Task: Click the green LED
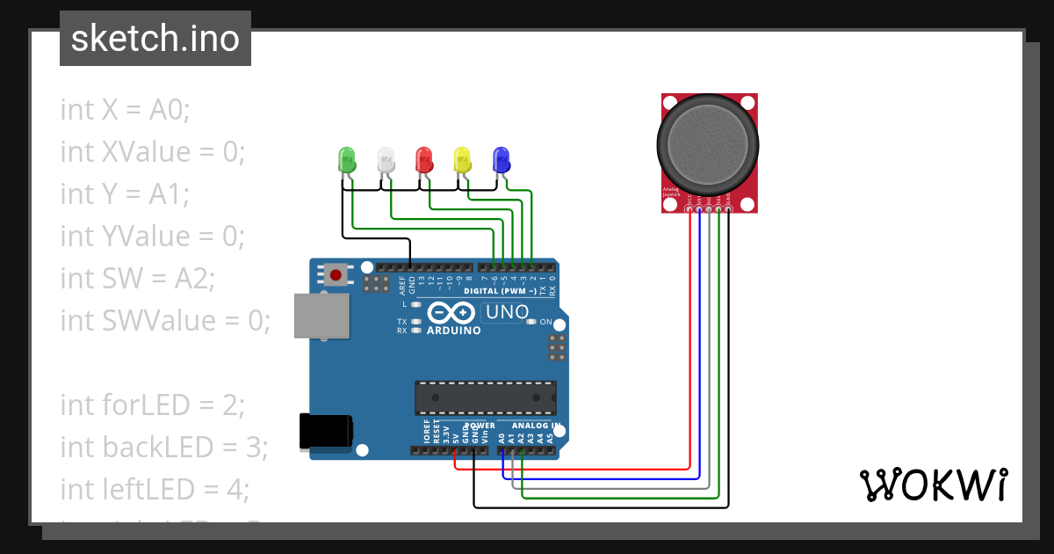click(x=347, y=160)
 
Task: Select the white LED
click(x=386, y=160)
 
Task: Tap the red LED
click(x=424, y=160)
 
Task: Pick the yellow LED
click(x=463, y=160)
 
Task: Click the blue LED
click(x=502, y=160)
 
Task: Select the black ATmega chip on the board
click(x=486, y=397)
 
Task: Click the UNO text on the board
click(x=507, y=312)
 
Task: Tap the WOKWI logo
click(x=933, y=485)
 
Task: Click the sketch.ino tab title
click(x=155, y=39)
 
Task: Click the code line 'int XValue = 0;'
click(x=153, y=152)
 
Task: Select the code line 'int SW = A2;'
click(x=137, y=278)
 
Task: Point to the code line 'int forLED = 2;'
click(x=152, y=405)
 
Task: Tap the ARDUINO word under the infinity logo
click(x=453, y=331)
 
